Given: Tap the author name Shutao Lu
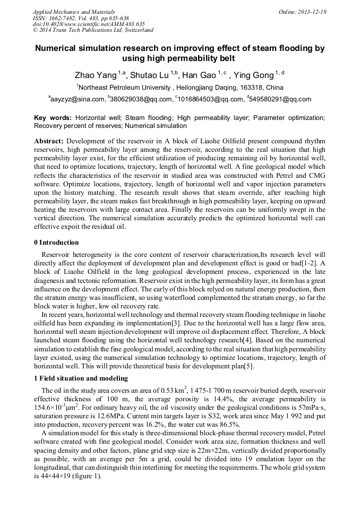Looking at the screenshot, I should (x=152, y=75).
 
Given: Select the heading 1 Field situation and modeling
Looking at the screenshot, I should (x=81, y=378).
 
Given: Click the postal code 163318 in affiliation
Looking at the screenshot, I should (x=236, y=87).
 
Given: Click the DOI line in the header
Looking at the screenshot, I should (x=89, y=24).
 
